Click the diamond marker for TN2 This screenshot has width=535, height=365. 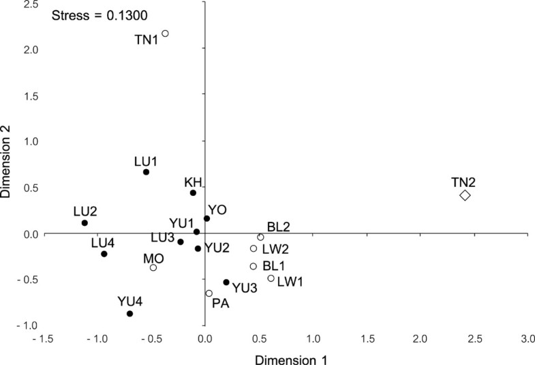pos(465,195)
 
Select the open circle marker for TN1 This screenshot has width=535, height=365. pos(165,33)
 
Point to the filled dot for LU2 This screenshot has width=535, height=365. pos(85,223)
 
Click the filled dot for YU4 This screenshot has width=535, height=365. pos(129,314)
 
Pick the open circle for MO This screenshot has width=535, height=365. pos(153,267)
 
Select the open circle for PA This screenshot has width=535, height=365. pos(209,293)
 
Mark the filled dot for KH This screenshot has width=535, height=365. pos(193,193)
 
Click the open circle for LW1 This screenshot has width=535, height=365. pos(271,278)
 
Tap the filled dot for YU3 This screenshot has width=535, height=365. pos(226,282)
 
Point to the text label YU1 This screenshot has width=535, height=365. pos(182,223)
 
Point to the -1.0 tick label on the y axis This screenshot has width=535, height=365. pos(27,325)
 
